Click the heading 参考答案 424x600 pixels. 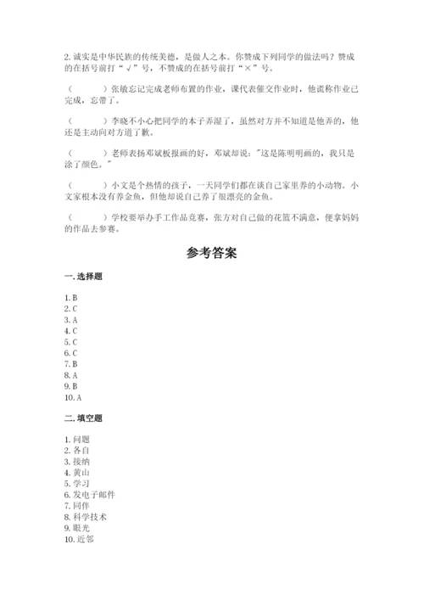point(212,253)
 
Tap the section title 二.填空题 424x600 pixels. point(82,418)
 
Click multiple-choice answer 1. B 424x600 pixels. point(70,298)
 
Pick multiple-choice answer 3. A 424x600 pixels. point(70,320)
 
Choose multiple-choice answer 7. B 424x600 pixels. point(70,363)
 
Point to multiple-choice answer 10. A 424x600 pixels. point(72,396)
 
